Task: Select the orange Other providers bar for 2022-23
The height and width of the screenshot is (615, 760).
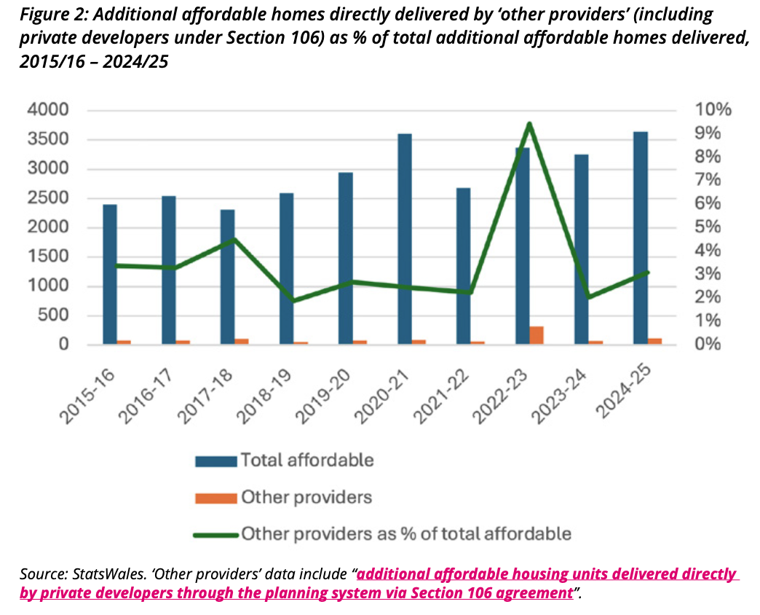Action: [537, 335]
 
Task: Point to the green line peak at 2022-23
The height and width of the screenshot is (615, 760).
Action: [530, 124]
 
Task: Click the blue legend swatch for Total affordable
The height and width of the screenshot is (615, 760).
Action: [215, 461]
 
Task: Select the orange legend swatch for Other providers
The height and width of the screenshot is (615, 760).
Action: [215, 498]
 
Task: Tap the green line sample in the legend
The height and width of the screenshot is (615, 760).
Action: [215, 535]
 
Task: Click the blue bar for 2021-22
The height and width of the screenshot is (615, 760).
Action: [463, 266]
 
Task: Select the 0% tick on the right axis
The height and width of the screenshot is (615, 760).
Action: [710, 345]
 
